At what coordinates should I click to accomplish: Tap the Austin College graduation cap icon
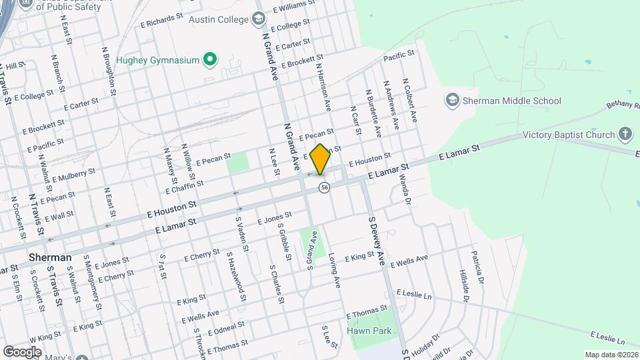tap(259, 19)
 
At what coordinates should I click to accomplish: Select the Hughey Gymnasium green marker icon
tap(210, 61)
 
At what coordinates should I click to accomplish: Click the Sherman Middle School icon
tap(453, 101)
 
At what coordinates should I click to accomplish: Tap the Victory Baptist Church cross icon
tap(625, 134)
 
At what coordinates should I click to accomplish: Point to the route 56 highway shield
tap(324, 188)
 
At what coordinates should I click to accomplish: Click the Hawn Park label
tap(369, 331)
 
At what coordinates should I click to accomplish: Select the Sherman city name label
tap(50, 257)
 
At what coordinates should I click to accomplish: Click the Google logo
tap(22, 351)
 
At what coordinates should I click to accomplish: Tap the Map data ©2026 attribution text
tap(610, 355)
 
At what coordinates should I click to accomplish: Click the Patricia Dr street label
tap(476, 266)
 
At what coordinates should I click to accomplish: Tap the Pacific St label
tap(399, 54)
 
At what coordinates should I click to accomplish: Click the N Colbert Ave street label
tap(409, 100)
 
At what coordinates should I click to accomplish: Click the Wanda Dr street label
tap(403, 186)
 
